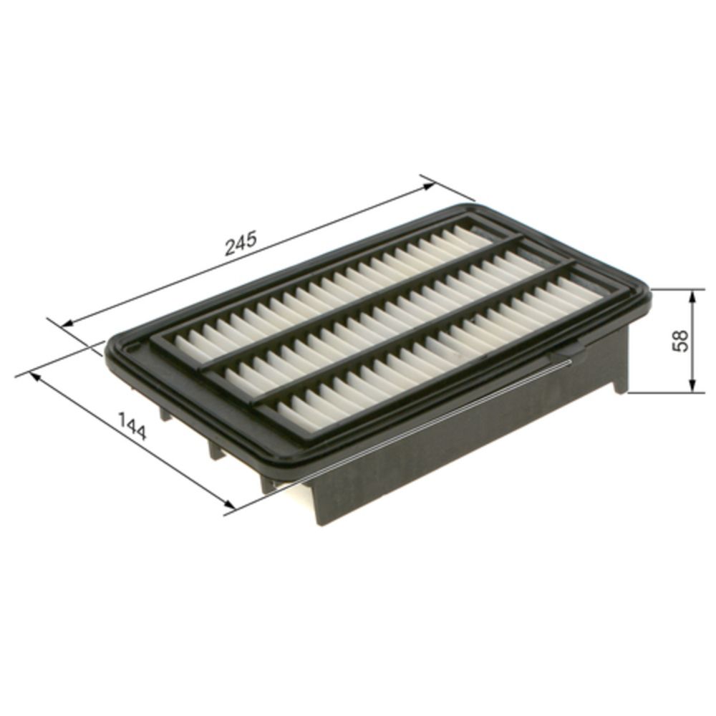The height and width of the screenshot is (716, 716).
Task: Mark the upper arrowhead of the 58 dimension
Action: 692,295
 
